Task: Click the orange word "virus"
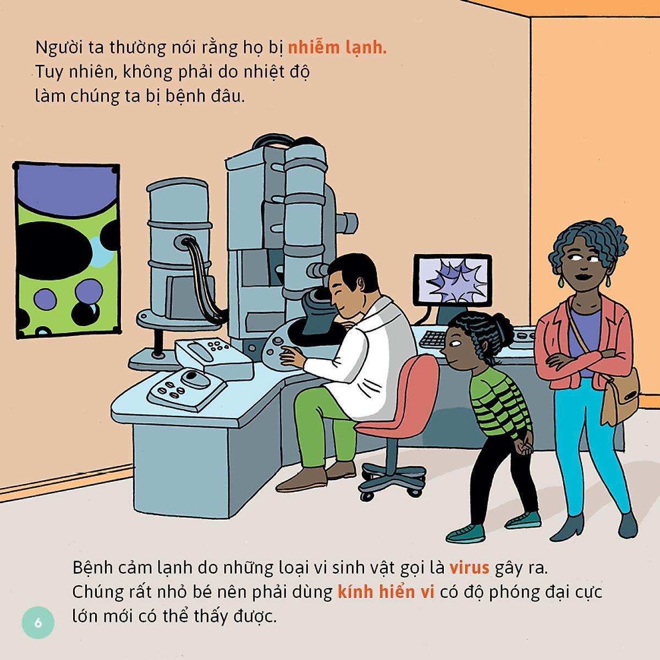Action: coord(469,568)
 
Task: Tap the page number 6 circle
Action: coord(38,622)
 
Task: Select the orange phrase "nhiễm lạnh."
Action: coord(337,48)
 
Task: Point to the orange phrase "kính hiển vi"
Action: coord(386,592)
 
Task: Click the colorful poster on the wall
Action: coord(68,250)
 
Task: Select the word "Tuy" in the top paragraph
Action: coord(48,73)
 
